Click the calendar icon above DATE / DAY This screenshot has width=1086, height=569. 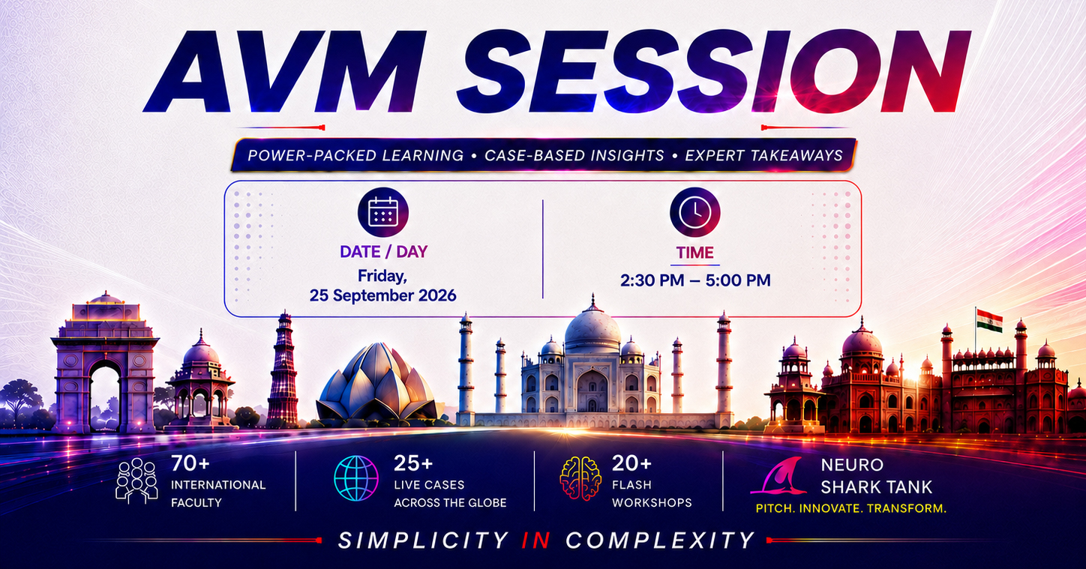[383, 212]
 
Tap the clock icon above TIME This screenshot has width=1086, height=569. [694, 212]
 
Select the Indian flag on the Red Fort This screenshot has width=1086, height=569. [989, 321]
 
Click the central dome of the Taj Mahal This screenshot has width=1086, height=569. [592, 330]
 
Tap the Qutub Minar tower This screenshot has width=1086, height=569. [283, 371]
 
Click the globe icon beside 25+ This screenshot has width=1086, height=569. [356, 478]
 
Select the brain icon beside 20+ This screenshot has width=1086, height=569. [580, 478]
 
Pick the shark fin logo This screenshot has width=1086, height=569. [779, 476]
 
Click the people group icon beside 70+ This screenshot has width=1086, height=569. [136, 480]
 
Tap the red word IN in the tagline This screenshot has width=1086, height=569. [535, 541]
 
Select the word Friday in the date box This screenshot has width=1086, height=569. [382, 276]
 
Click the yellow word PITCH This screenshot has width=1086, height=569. [775, 508]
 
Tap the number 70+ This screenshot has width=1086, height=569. [190, 463]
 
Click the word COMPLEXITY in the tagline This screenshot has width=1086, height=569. [660, 541]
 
